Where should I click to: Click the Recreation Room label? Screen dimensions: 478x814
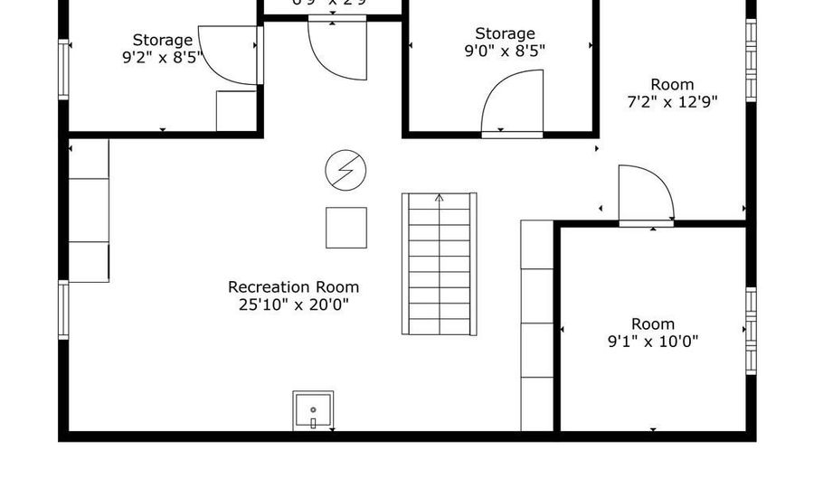[287, 287]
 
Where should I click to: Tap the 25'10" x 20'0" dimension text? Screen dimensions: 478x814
[287, 305]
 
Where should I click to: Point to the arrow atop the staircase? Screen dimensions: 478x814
[439, 199]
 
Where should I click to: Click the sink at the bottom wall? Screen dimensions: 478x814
[313, 411]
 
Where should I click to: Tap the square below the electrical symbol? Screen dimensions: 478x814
[346, 228]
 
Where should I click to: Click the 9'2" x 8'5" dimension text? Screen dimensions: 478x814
[163, 57]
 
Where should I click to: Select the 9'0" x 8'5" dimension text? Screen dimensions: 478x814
[505, 52]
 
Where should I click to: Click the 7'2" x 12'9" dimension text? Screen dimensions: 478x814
[672, 102]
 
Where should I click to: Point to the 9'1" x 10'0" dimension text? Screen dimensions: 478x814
[653, 342]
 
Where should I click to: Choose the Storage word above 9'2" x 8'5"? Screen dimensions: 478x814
[163, 40]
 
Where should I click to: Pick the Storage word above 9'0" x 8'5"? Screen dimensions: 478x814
[505, 34]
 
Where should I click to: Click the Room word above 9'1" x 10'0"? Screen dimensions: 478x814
[653, 323]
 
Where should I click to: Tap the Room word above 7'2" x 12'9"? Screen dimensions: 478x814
[672, 85]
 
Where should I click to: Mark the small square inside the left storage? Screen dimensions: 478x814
[236, 111]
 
